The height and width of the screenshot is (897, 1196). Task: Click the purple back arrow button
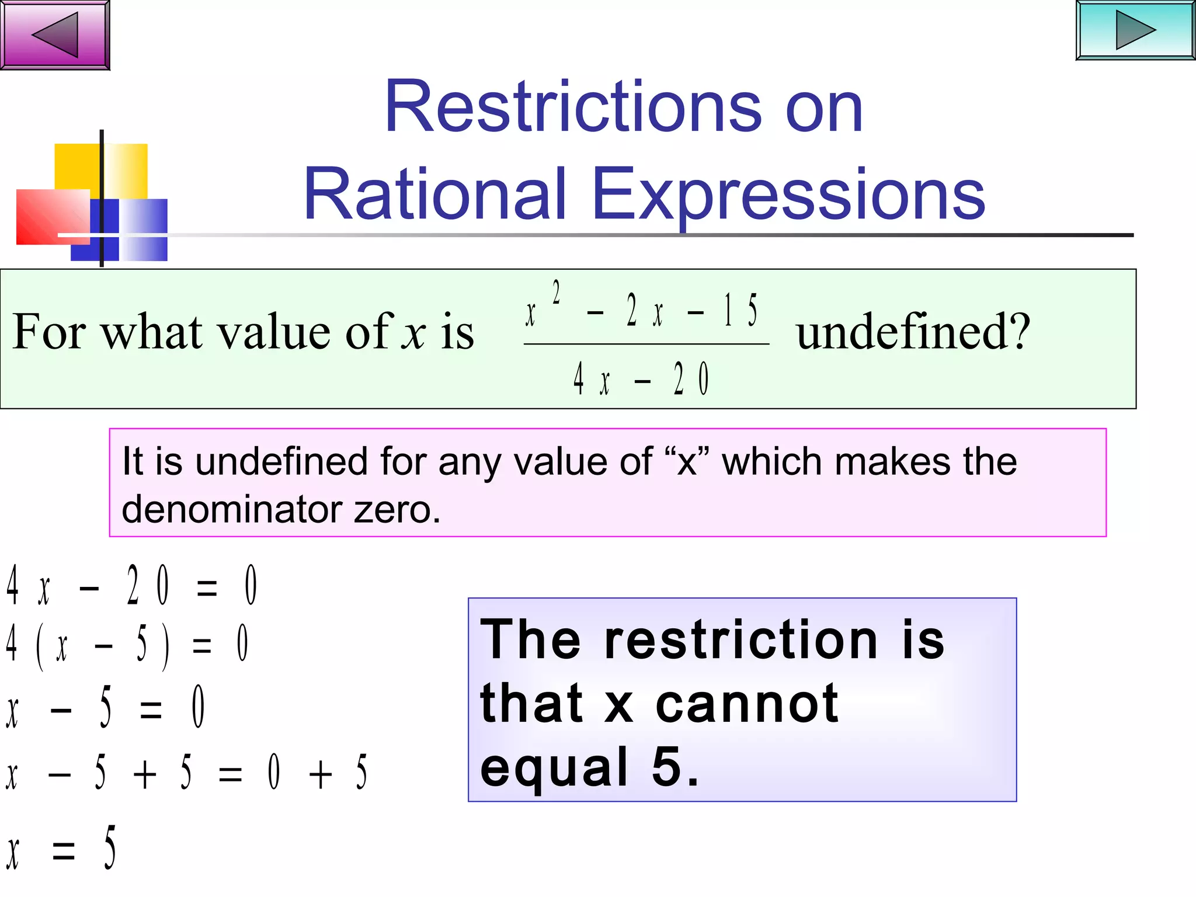click(x=55, y=34)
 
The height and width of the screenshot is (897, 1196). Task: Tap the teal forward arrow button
click(x=1135, y=30)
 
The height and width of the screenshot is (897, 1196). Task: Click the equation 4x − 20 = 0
click(x=131, y=585)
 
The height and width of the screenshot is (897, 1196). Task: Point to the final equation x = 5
click(x=61, y=849)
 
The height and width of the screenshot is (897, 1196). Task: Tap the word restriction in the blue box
click(x=741, y=639)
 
